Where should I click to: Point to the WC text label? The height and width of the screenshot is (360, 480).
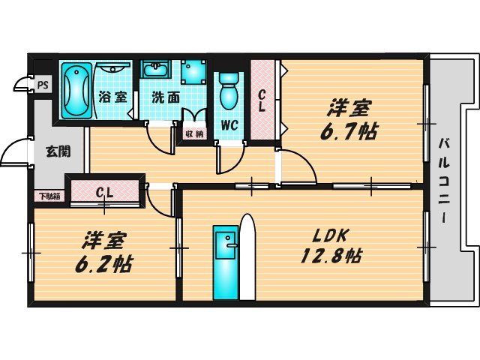pos(229,125)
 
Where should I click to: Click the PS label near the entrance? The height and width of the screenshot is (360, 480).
pos(42,85)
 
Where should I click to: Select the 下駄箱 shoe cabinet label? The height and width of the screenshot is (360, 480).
pos(49,196)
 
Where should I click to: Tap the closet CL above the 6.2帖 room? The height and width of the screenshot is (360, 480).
pos(105,191)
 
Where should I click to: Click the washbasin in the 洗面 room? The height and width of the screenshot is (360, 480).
pos(157,72)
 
